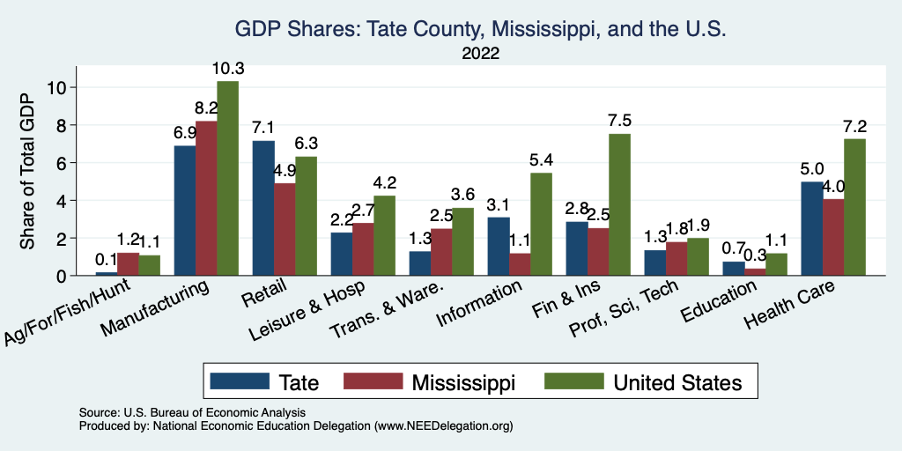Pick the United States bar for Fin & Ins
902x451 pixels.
619,204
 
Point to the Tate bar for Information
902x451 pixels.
498,246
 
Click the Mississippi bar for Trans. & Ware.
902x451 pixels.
441,252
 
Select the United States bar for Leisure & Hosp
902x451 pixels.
384,235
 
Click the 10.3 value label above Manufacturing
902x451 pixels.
227,69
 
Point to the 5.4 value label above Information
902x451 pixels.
540,160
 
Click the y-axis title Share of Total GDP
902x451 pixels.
27,171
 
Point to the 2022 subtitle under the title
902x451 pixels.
480,54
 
